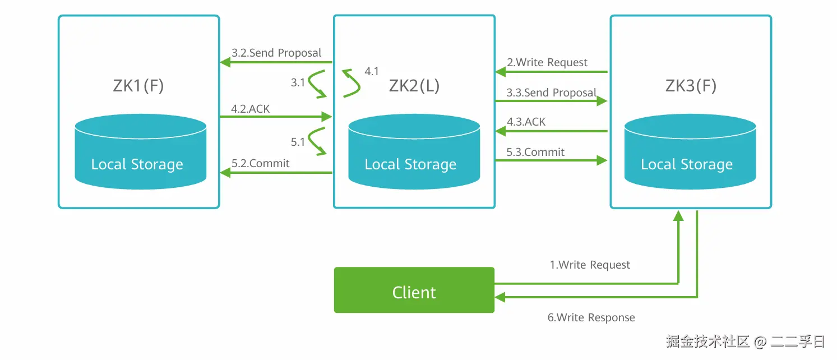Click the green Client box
coord(414,290)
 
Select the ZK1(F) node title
coord(138,86)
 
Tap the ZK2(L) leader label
coord(414,86)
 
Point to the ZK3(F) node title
coord(691,86)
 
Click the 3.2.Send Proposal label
coord(276,53)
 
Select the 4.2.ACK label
coord(250,109)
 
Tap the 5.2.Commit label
coord(260,163)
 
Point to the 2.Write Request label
coord(547,62)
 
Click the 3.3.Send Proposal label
coord(551,93)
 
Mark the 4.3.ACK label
coord(526,122)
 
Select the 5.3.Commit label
coord(535,152)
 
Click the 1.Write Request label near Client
coord(590,265)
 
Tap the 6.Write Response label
coord(591,317)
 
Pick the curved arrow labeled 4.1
coord(352,84)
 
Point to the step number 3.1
coord(298,82)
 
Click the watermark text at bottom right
coord(746,341)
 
